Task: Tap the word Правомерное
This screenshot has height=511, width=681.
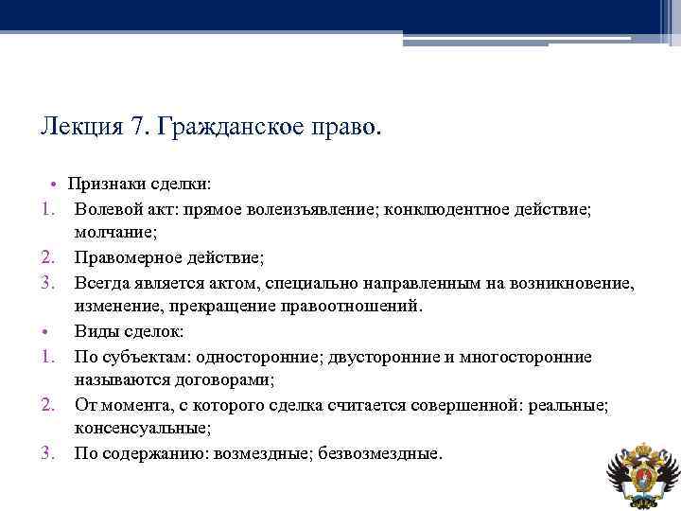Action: [128, 257]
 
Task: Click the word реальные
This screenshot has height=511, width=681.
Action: [575, 405]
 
